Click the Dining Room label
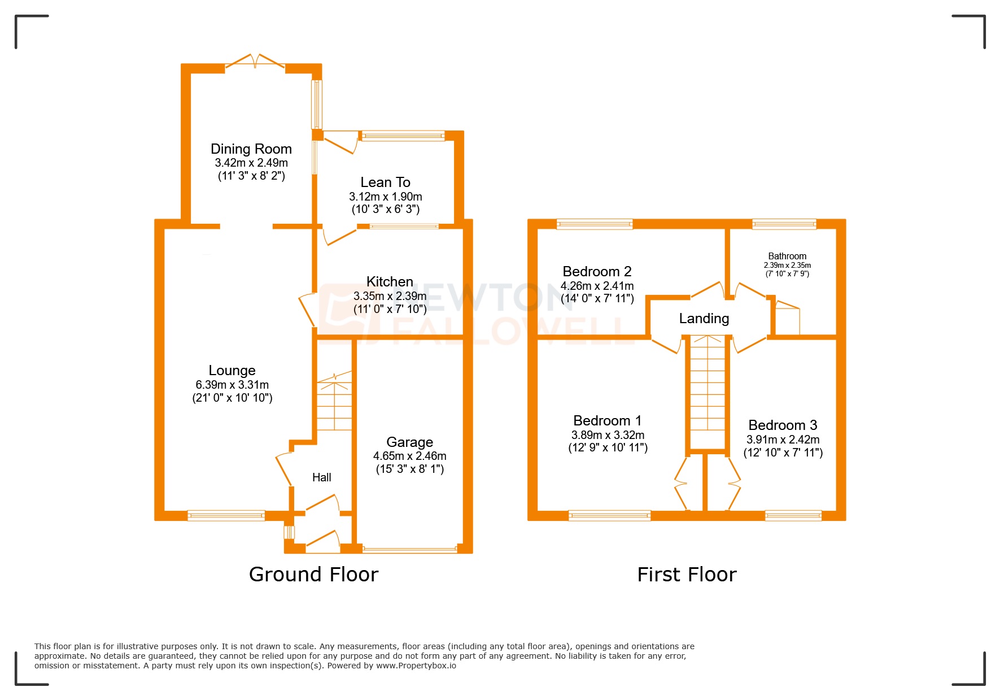click(x=251, y=149)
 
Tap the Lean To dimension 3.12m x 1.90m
click(x=386, y=197)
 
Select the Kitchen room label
click(x=390, y=282)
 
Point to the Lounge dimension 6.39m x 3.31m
click(x=232, y=385)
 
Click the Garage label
click(x=409, y=442)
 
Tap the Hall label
click(x=322, y=477)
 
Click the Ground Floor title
click(x=313, y=575)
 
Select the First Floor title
click(x=687, y=575)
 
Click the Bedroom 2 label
click(x=597, y=272)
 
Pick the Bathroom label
click(x=787, y=256)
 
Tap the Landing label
click(x=704, y=319)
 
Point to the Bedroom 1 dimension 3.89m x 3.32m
click(x=608, y=435)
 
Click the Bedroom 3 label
click(x=783, y=425)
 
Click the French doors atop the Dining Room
click(x=255, y=63)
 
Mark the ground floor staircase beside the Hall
click(x=334, y=404)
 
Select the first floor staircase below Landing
click(x=707, y=390)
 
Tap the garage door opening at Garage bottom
click(x=410, y=549)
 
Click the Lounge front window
click(x=226, y=515)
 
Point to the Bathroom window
click(x=784, y=224)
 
